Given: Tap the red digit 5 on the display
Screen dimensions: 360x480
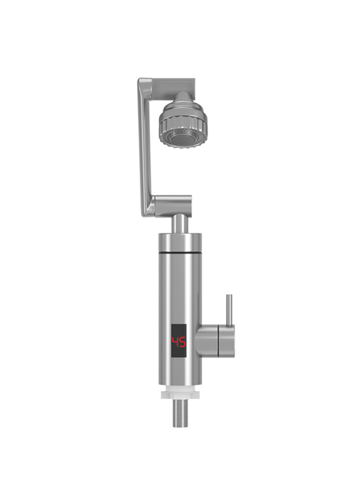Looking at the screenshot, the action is click(x=182, y=342).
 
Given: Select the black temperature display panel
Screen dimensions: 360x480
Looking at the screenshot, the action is click(x=179, y=341).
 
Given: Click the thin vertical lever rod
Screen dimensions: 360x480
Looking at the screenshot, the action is click(x=229, y=310).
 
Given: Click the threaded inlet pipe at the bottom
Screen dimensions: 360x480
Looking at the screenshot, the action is click(x=180, y=413).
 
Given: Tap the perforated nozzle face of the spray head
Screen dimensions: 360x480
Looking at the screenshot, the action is click(x=183, y=137).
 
